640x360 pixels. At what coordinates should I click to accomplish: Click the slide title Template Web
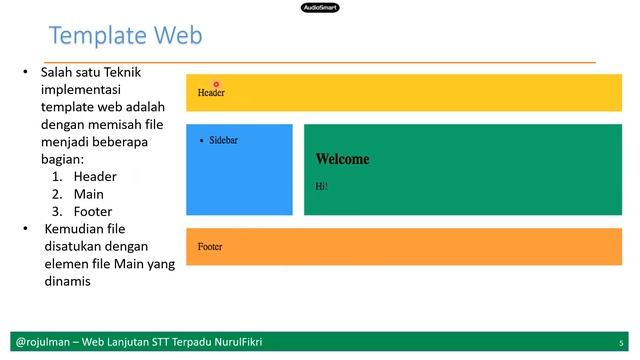coord(125,36)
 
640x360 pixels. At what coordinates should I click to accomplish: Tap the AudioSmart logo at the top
coord(319,7)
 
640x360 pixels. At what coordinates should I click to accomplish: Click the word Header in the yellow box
coord(211,93)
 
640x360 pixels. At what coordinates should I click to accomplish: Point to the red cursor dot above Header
coord(216,85)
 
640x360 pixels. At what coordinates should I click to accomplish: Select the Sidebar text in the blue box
coord(223,141)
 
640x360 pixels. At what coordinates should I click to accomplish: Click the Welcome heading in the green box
coord(342,159)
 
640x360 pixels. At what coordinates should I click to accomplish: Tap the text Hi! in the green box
coord(321,186)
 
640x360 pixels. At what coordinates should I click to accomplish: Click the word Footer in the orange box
coord(210,247)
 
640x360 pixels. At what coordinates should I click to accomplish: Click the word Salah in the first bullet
coord(58,73)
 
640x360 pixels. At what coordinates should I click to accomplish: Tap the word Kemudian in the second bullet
coord(76,229)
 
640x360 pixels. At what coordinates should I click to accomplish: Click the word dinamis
coord(66,282)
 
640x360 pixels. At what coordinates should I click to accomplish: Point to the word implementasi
coord(87,89)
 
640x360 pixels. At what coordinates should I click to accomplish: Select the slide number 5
coord(621,342)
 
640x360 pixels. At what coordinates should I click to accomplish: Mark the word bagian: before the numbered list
coord(62,159)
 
